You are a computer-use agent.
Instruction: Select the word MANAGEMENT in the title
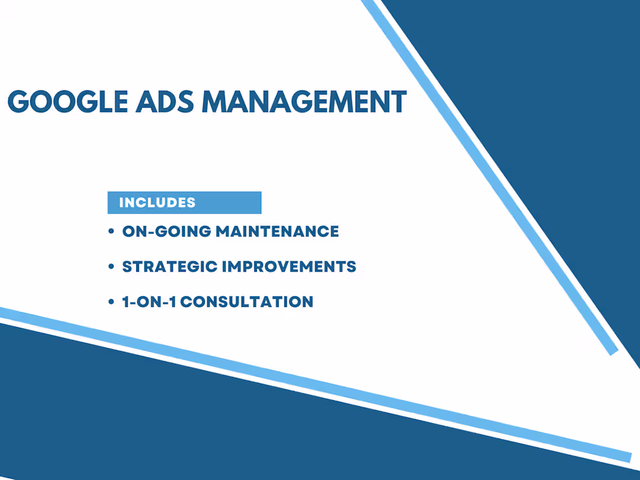(303, 102)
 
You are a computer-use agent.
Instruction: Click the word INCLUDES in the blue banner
(157, 202)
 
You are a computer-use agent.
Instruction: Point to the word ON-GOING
(166, 232)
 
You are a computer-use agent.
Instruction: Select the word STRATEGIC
(168, 267)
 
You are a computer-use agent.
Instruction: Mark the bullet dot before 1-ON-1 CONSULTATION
(111, 303)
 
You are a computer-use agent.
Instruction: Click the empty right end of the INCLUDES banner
(233, 202)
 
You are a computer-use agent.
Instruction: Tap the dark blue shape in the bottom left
(116, 419)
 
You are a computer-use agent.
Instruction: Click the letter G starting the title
(18, 102)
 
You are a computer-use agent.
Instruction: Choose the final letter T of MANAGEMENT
(399, 102)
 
